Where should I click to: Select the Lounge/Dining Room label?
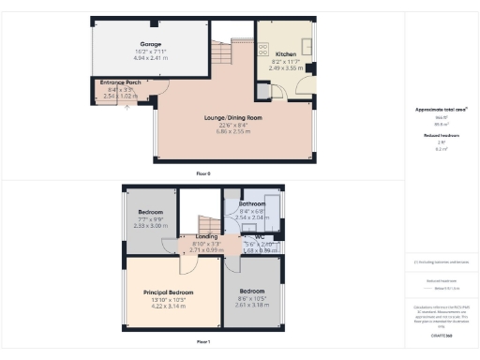(232, 118)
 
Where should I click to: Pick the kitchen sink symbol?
(306, 45)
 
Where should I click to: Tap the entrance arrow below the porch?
(128, 103)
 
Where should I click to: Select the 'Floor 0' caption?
(203, 174)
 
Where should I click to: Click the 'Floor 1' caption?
(203, 343)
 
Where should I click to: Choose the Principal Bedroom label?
(169, 292)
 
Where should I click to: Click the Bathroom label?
(252, 203)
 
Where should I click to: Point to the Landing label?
(206, 236)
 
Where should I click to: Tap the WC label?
(260, 236)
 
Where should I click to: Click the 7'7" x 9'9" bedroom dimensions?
(150, 218)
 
